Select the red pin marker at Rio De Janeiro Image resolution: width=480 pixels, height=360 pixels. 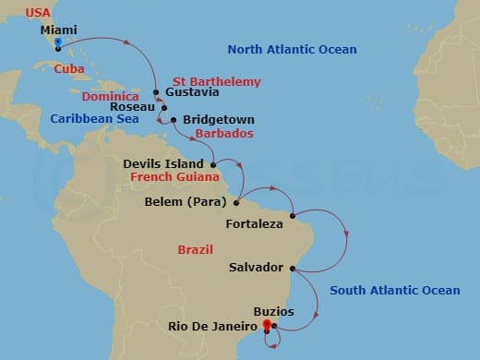click(267, 325)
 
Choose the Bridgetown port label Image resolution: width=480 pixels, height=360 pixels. click(219, 120)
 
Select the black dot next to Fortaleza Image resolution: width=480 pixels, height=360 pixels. click(293, 217)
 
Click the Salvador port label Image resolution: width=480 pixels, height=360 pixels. click(255, 268)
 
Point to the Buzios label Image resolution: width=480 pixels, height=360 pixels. click(273, 311)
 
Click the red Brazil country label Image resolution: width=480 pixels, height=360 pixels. click(195, 250)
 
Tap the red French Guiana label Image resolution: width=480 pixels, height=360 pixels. click(174, 176)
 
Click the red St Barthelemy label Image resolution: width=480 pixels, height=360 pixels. click(217, 82)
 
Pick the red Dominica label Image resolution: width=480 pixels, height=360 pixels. click(111, 96)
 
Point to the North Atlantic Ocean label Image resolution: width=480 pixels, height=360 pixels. click(293, 49)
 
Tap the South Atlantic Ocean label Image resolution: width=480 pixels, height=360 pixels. click(394, 291)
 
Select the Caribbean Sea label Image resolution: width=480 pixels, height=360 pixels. click(93, 118)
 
